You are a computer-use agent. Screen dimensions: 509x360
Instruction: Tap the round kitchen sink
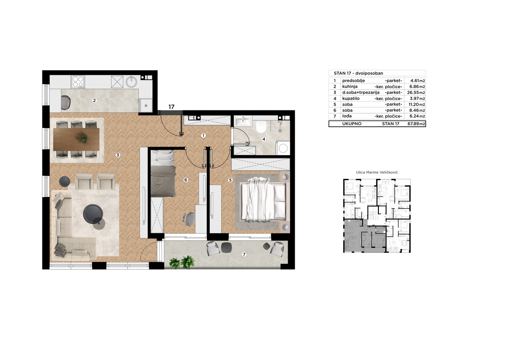(x=132, y=82)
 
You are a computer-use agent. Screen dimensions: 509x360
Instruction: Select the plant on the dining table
(x=83, y=138)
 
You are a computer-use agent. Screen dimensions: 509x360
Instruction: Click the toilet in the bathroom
(x=261, y=126)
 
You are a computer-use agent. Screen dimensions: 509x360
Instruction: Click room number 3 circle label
(x=118, y=155)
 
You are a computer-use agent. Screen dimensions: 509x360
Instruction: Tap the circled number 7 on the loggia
(x=244, y=254)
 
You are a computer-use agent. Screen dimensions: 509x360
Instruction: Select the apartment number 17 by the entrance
(x=171, y=107)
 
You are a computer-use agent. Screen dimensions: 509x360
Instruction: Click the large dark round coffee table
(x=93, y=214)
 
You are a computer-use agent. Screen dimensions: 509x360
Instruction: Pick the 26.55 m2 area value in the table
(x=416, y=93)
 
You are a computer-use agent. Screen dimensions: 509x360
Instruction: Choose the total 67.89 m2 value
(x=416, y=124)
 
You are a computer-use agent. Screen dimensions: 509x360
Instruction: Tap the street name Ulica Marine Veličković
(x=377, y=173)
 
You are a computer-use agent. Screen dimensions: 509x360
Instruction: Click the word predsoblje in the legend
(x=353, y=81)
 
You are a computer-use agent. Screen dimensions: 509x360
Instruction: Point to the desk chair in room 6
(x=189, y=219)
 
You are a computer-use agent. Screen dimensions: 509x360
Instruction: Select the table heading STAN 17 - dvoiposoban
(x=358, y=73)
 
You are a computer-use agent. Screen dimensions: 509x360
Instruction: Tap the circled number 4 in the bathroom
(x=264, y=139)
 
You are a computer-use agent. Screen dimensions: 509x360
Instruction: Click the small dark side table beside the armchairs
(x=65, y=181)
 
